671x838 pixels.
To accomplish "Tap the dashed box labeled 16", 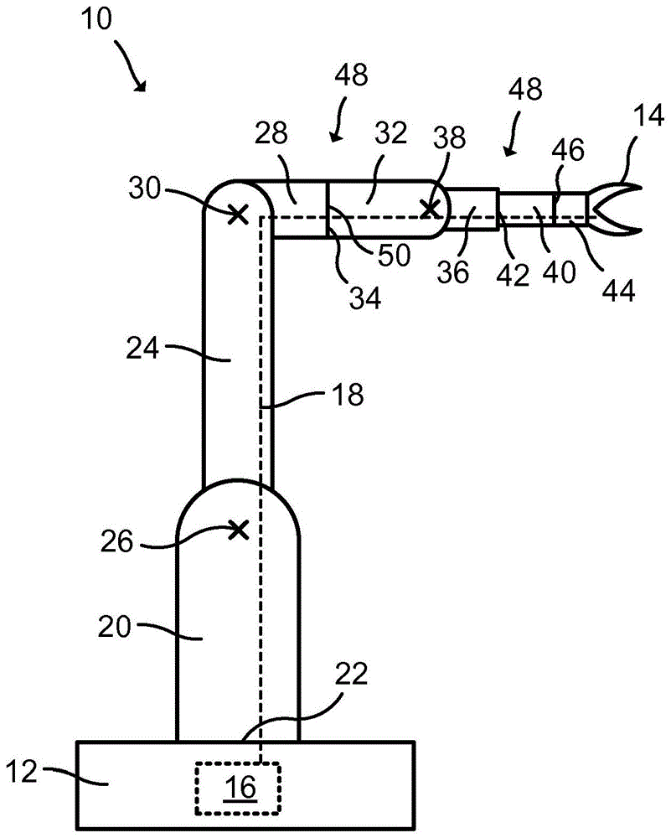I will [x=239, y=789].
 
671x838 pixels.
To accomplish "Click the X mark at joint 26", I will [x=240, y=529].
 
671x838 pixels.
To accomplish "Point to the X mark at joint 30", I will [x=239, y=215].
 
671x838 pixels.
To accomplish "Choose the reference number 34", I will [x=366, y=297].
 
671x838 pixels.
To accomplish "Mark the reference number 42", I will [x=514, y=275].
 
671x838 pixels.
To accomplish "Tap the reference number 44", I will [x=619, y=290].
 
